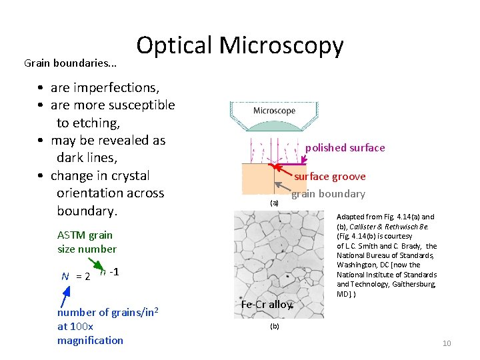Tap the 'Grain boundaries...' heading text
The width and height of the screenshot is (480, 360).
70,63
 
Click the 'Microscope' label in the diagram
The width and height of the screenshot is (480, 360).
274,111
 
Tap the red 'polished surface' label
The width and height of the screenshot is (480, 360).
345,148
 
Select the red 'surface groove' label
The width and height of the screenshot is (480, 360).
330,177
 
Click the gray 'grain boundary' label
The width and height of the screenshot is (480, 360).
328,194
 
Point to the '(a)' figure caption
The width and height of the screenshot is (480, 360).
274,202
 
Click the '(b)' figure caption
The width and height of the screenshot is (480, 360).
274,326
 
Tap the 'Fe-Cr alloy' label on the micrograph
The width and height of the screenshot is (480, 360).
266,305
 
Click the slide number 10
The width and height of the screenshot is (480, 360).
447,343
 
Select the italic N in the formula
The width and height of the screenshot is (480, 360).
65,276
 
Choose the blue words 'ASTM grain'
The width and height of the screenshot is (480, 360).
85,235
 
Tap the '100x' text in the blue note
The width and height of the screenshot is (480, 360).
82,326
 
